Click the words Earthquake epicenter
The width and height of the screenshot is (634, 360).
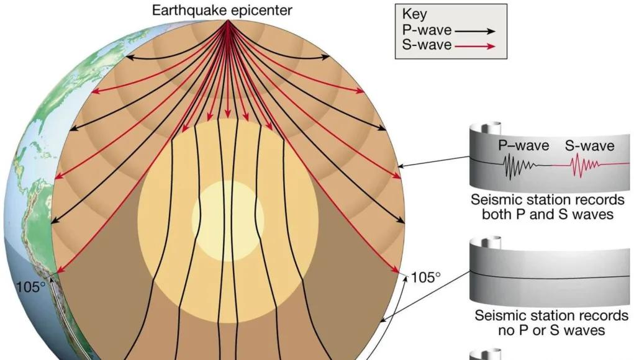222,10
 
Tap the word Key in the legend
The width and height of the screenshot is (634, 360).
414,14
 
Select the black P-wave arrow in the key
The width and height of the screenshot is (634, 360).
475,31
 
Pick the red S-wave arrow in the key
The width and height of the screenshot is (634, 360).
475,46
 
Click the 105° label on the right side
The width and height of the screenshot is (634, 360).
426,277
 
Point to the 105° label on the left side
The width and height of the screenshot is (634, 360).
31,287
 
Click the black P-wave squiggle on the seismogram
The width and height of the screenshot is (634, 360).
520,166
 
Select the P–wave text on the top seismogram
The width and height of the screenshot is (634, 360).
523,145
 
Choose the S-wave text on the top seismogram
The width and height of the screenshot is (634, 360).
589,145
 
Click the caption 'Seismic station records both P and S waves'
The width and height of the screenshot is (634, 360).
548,207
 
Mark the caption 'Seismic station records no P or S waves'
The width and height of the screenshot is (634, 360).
551,323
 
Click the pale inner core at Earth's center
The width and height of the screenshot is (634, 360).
228,221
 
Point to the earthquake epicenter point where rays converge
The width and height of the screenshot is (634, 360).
227,20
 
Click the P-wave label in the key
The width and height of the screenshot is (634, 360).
427,30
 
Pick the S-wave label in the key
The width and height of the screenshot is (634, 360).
427,45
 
